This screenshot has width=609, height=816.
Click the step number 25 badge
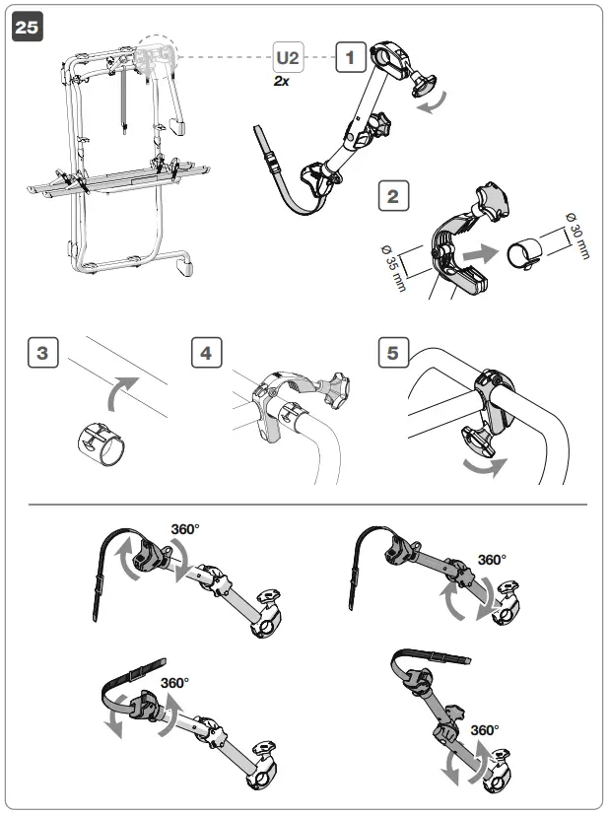coord(27,30)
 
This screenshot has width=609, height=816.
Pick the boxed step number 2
coord(393,196)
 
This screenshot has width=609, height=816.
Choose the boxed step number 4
coord(206,352)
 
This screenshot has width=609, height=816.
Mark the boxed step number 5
coord(393,352)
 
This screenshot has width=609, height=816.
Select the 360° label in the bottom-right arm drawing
coord(484,730)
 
